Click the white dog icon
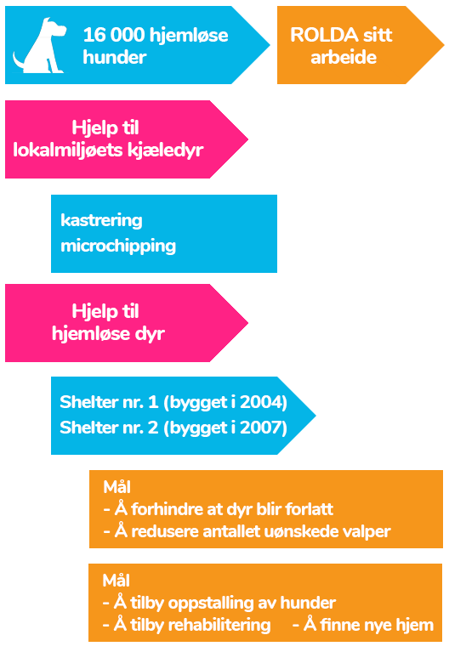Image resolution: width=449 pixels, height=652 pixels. pos(39,46)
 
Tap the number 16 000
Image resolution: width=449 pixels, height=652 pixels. pos(114,35)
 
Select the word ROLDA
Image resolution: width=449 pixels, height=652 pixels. pos(324,35)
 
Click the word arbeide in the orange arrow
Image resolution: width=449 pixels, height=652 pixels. pos(344,58)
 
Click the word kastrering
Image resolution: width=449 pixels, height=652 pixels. pos(101,220)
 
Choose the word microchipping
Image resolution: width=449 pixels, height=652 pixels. pos(118,247)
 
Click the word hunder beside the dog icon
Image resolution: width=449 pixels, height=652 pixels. pos(115,58)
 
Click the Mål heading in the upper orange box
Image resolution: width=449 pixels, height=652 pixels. pos(117,487)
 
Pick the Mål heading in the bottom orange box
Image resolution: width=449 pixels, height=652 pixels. pos(117,581)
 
